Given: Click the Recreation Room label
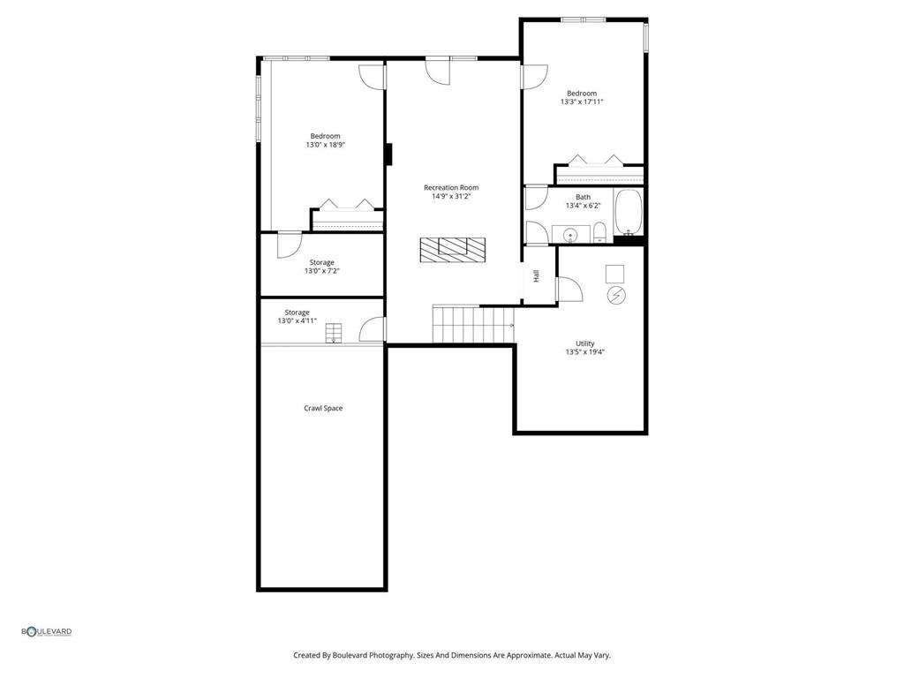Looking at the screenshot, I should coord(451,187).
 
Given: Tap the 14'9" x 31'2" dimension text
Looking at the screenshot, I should coord(451,196).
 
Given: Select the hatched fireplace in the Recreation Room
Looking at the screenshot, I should coord(452,249).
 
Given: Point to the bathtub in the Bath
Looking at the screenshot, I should coord(629,213).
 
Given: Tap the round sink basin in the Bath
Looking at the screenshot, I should coord(571,235).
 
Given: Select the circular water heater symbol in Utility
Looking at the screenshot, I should coord(617,295).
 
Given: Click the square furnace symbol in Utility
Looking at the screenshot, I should coord(615,272).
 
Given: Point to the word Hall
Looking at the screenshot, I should coord(536,276).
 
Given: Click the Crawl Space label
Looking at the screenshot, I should coord(323,408).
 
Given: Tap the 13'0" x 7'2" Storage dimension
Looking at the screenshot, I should coord(321,271).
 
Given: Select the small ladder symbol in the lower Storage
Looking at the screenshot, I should coord(334,333).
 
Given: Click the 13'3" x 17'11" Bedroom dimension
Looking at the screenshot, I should coord(582,102).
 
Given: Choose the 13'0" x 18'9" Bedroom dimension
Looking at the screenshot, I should coord(325,145).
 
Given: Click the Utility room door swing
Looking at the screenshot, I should coord(568,289).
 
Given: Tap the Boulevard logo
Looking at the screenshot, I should coord(47,631).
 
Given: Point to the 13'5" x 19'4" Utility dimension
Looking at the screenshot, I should coord(585,351).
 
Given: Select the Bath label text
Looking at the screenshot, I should coord(584,197).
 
